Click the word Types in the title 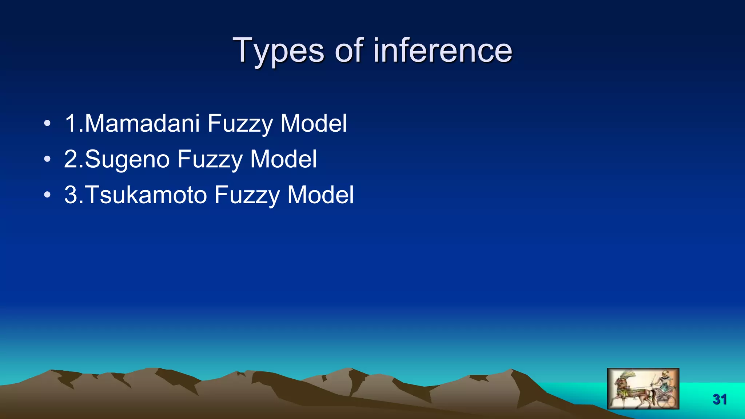click(x=278, y=51)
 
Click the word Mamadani click(x=142, y=123)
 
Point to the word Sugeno click(x=127, y=159)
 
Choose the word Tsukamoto click(x=146, y=195)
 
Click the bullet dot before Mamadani click(x=47, y=123)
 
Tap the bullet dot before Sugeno click(x=47, y=159)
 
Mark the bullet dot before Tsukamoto click(x=47, y=195)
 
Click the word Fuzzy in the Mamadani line click(x=240, y=124)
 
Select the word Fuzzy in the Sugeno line click(x=210, y=160)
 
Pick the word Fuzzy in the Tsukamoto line click(x=247, y=195)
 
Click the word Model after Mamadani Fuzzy click(x=314, y=123)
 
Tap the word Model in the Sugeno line click(x=283, y=159)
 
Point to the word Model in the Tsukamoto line click(x=320, y=195)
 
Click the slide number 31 click(x=720, y=399)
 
